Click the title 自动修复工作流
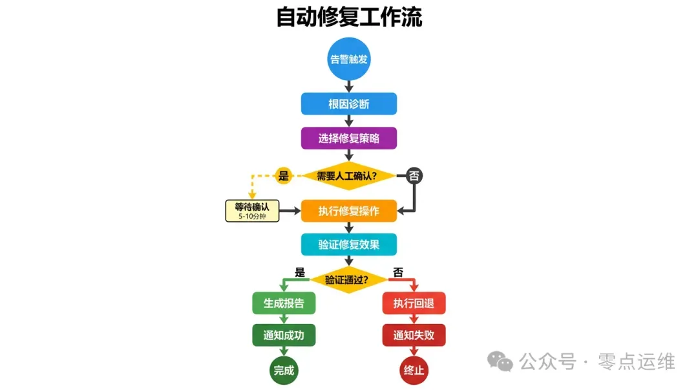349,17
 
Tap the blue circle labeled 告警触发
349,59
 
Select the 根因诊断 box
349,104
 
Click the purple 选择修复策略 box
349,138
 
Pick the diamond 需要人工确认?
349,175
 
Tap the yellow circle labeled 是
284,175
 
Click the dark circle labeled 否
414,175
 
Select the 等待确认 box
252,211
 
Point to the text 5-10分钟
252,216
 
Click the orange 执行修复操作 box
349,211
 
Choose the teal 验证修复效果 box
349,244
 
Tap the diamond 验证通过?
349,279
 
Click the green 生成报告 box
284,303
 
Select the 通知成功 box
284,336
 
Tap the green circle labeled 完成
284,371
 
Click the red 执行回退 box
414,303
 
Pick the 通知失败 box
414,336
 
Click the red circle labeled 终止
414,371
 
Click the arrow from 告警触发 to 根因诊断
349,86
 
